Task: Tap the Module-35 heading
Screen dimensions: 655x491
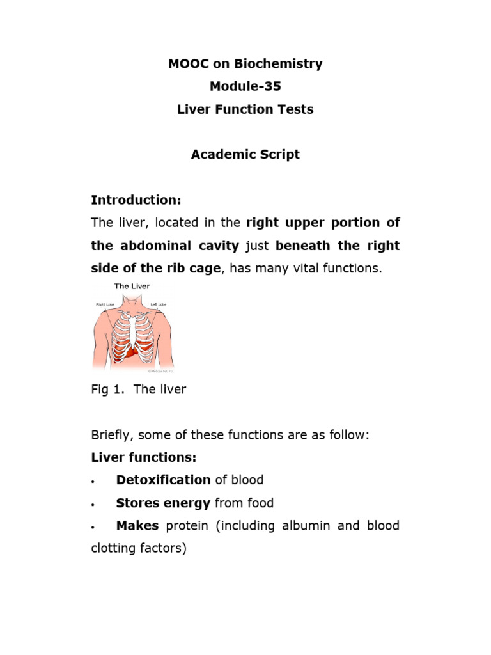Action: coord(245,86)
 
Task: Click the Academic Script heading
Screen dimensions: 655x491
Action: coord(245,155)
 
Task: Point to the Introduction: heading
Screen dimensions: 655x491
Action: coord(136,200)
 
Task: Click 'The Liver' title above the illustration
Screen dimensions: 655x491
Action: coord(132,287)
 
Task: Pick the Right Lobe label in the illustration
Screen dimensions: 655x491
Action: coord(104,304)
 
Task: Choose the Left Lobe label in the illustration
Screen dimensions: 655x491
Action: coord(159,304)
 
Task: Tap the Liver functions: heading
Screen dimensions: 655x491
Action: coord(144,457)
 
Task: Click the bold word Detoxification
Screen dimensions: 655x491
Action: coord(163,480)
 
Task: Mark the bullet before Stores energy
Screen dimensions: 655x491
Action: coord(93,504)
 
